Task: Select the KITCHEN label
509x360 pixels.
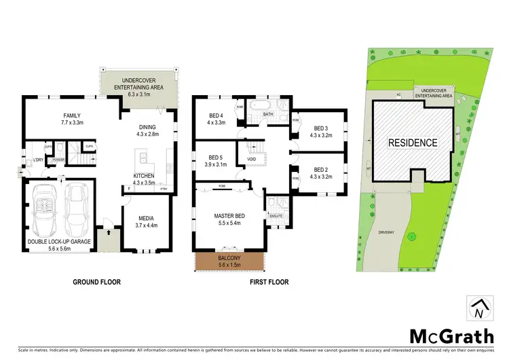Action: click(144, 175)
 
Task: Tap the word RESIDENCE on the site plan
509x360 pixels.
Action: click(413, 143)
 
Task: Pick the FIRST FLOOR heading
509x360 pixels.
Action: click(269, 282)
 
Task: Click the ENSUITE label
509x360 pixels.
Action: click(276, 216)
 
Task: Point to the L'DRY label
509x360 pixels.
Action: click(39, 160)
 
